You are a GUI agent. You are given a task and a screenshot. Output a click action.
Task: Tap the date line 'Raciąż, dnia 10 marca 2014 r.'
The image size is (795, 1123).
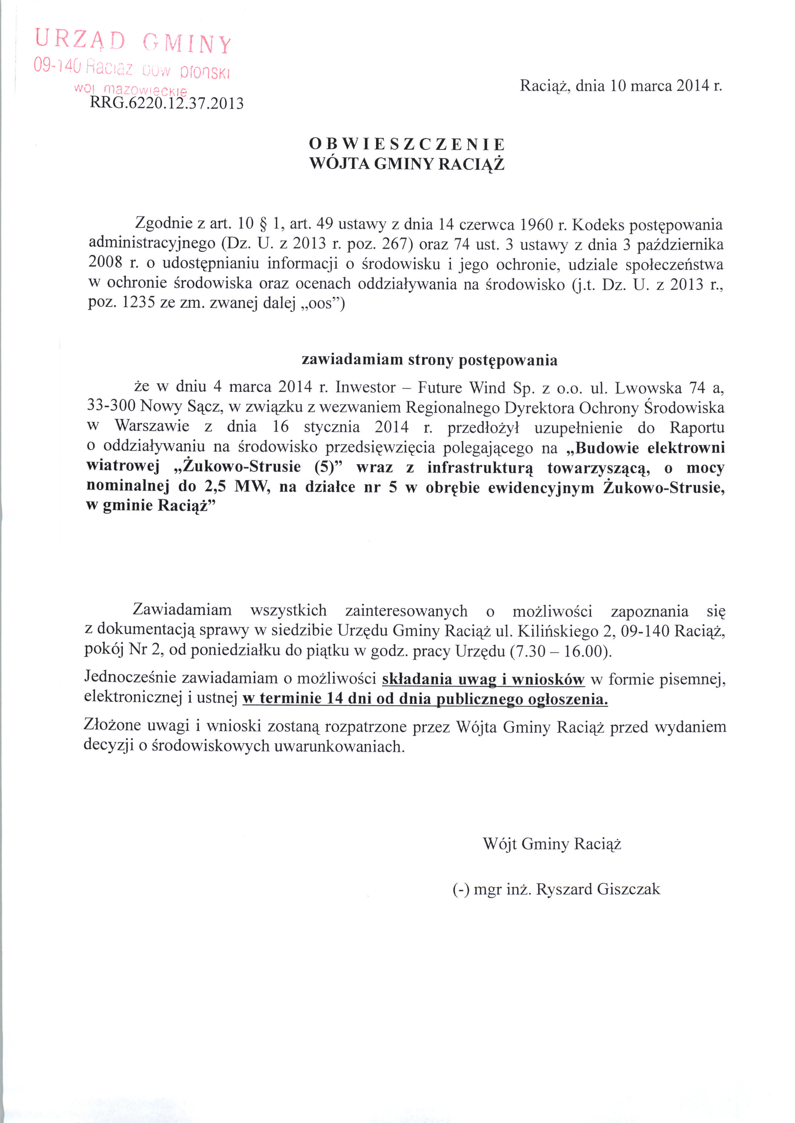621,86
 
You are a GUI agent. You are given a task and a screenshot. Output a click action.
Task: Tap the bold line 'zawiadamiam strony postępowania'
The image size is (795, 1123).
429,360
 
